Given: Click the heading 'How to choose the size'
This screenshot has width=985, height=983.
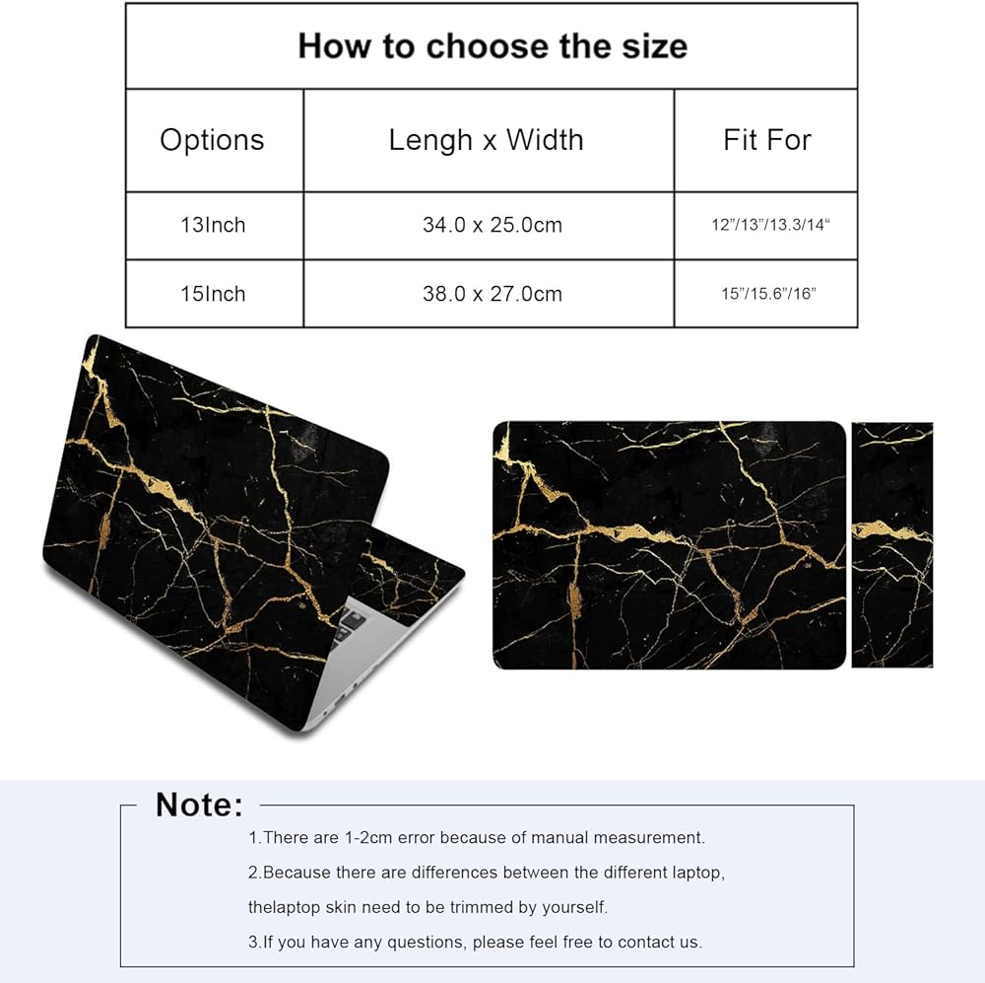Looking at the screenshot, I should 492,45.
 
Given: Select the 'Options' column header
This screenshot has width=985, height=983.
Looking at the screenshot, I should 212,140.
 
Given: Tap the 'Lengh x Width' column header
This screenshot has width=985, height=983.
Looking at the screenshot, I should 486,140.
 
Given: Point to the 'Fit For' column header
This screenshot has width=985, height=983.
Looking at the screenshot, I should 766,140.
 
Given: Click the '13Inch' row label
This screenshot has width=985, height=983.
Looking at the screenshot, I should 212,226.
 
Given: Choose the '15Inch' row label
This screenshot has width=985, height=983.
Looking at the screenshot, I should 212,294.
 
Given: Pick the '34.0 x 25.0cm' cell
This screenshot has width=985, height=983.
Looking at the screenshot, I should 492,226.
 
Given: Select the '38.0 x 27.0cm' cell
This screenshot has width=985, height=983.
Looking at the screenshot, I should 492,294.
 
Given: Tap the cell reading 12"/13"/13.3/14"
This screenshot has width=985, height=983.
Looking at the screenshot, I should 771,226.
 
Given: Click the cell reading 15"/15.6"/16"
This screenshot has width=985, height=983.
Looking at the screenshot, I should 768,294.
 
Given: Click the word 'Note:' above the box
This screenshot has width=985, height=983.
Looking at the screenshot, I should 199,805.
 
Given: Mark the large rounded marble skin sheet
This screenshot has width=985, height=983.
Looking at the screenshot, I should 669,545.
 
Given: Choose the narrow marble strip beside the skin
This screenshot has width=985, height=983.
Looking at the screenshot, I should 891,545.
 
